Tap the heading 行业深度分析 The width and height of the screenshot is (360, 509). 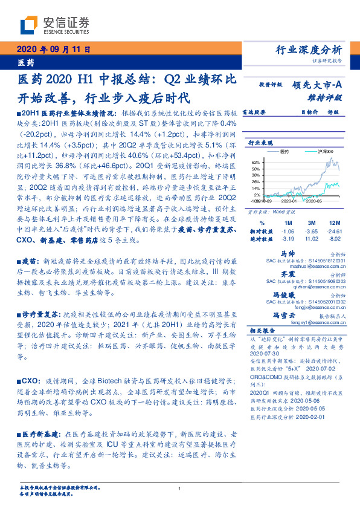pyautogui.click(x=309, y=50)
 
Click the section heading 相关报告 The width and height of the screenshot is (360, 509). pyautogui.click(x=262, y=331)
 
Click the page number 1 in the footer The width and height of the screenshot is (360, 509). pyautogui.click(x=180, y=488)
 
